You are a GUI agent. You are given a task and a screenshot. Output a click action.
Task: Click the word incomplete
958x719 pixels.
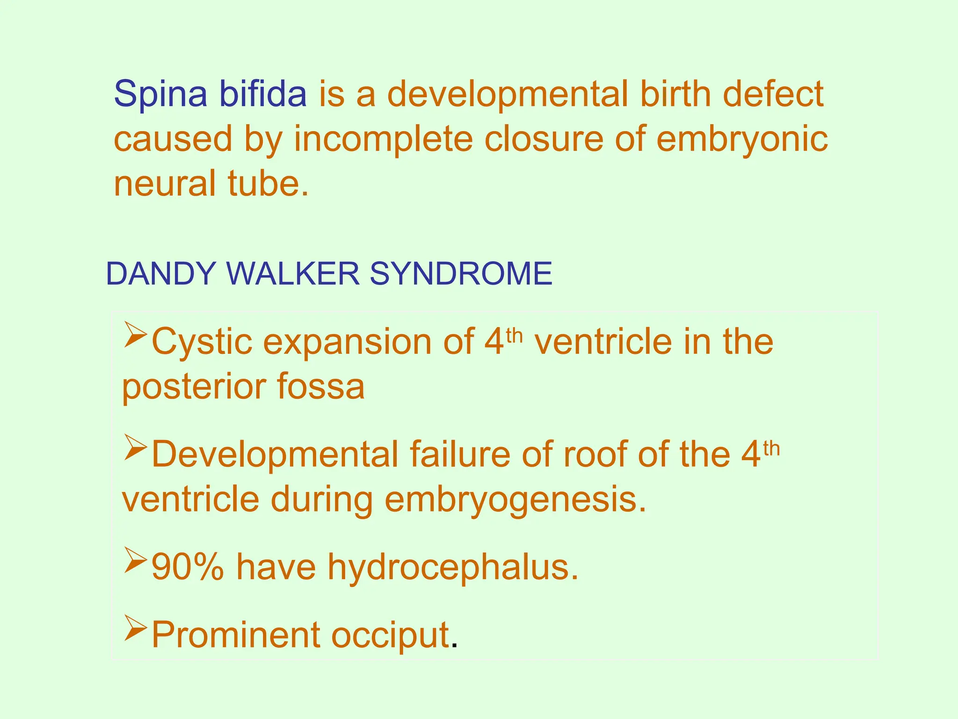pos(383,139)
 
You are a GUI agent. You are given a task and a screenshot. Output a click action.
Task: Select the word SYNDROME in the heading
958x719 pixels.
pos(461,273)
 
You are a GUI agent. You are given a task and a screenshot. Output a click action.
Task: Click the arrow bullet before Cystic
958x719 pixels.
pos(136,334)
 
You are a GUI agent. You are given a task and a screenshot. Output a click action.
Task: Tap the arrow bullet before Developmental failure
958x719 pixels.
pos(136,447)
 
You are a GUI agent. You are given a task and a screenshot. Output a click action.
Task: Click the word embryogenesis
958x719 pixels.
pos(515,500)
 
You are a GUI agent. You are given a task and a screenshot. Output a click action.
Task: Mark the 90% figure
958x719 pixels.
pos(188,567)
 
